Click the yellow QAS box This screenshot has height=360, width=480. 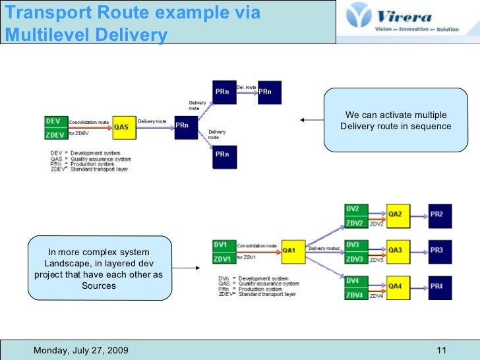(x=123, y=127)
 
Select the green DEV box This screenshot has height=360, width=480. (x=55, y=121)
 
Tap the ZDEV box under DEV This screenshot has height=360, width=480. (x=55, y=135)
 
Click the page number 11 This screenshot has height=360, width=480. (x=442, y=349)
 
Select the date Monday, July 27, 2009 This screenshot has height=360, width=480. (x=81, y=349)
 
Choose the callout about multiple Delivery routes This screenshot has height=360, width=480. (x=396, y=121)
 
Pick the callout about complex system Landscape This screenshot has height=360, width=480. (x=99, y=269)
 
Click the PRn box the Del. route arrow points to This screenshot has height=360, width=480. (x=269, y=92)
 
